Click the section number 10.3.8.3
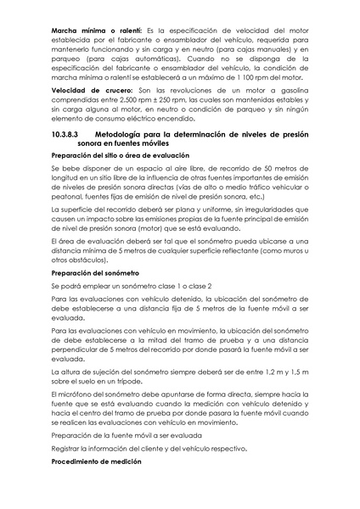[65, 136]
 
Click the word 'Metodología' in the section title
[125, 136]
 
